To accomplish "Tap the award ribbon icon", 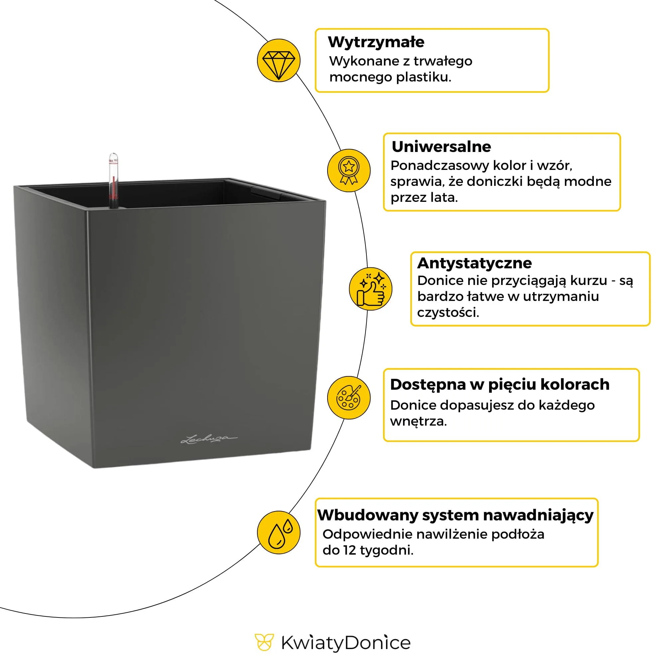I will coord(348,170).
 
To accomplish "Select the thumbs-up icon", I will coord(370,289).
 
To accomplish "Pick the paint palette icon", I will coord(348,398).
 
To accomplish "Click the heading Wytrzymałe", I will coord(376,42).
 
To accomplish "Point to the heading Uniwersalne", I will coord(441,147).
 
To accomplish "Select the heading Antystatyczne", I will coord(474,263).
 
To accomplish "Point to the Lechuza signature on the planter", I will coord(208,439).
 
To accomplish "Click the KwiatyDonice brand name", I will coord(345,643).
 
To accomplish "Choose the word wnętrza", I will coord(418,421).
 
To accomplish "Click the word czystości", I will coord(448,313).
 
